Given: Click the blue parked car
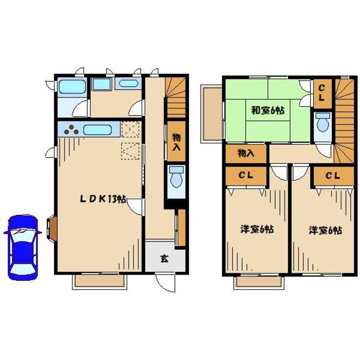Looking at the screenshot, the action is click(x=22, y=247).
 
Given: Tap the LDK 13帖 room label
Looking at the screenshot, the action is click(x=103, y=199).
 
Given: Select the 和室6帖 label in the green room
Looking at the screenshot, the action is click(x=268, y=110).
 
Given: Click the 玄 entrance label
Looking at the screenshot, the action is click(x=164, y=259).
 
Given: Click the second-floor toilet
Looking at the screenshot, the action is click(x=323, y=122).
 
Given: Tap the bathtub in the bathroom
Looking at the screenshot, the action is click(x=72, y=87).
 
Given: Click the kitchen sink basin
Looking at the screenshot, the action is click(x=97, y=130).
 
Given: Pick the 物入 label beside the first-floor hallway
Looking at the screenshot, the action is click(x=176, y=142).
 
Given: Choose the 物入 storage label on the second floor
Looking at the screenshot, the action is click(x=246, y=153).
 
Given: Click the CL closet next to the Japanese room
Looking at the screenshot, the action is click(x=322, y=93).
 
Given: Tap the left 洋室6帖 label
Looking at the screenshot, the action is click(x=257, y=229).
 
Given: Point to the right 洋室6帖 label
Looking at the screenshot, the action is click(x=325, y=230).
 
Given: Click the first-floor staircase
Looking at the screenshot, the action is click(x=176, y=97).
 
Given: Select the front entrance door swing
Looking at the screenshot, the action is click(x=165, y=283).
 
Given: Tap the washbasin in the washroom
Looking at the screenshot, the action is click(x=128, y=84).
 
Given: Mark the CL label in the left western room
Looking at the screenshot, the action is click(x=246, y=175).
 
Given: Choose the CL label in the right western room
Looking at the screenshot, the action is click(x=332, y=176).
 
